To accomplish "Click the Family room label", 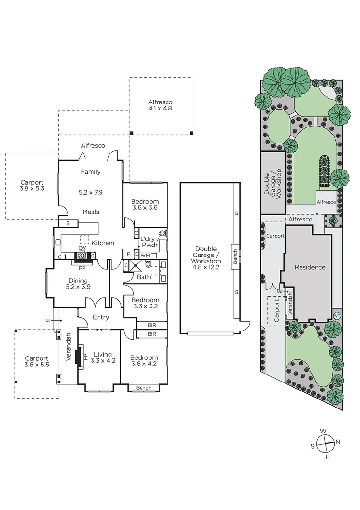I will click(x=90, y=172).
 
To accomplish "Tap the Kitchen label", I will click(x=103, y=243).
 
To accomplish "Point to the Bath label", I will click(x=143, y=277).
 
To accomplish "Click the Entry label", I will click(x=101, y=317).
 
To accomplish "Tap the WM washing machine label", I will click(x=145, y=255).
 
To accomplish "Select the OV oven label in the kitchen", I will click(x=82, y=248).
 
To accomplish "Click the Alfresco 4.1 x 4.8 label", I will click(x=160, y=105).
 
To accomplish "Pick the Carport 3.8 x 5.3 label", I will click(x=32, y=186).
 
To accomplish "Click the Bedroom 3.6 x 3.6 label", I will click(x=145, y=204).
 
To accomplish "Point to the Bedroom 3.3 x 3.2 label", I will click(x=145, y=303).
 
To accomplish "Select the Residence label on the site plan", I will click(x=310, y=267).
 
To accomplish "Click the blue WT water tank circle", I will click(x=336, y=315).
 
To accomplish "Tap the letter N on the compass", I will click(x=338, y=442).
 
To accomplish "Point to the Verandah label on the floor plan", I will click(x=69, y=347).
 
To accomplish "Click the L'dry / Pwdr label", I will click(x=149, y=242).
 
